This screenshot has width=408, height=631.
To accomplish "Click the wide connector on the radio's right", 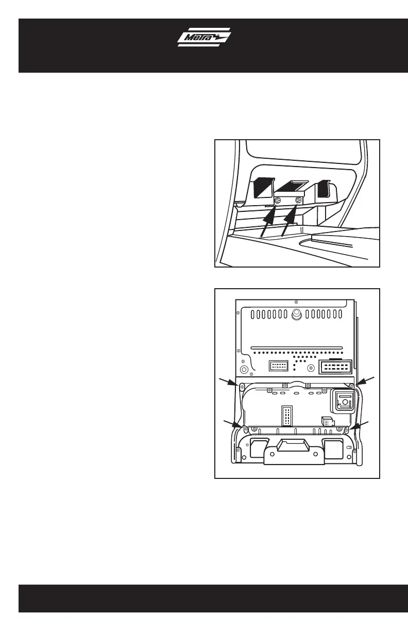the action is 335,368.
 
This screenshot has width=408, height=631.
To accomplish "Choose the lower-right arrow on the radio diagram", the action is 360,424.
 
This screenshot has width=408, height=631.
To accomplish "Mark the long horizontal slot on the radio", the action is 296,347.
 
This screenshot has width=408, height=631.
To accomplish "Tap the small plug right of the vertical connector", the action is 327,421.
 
